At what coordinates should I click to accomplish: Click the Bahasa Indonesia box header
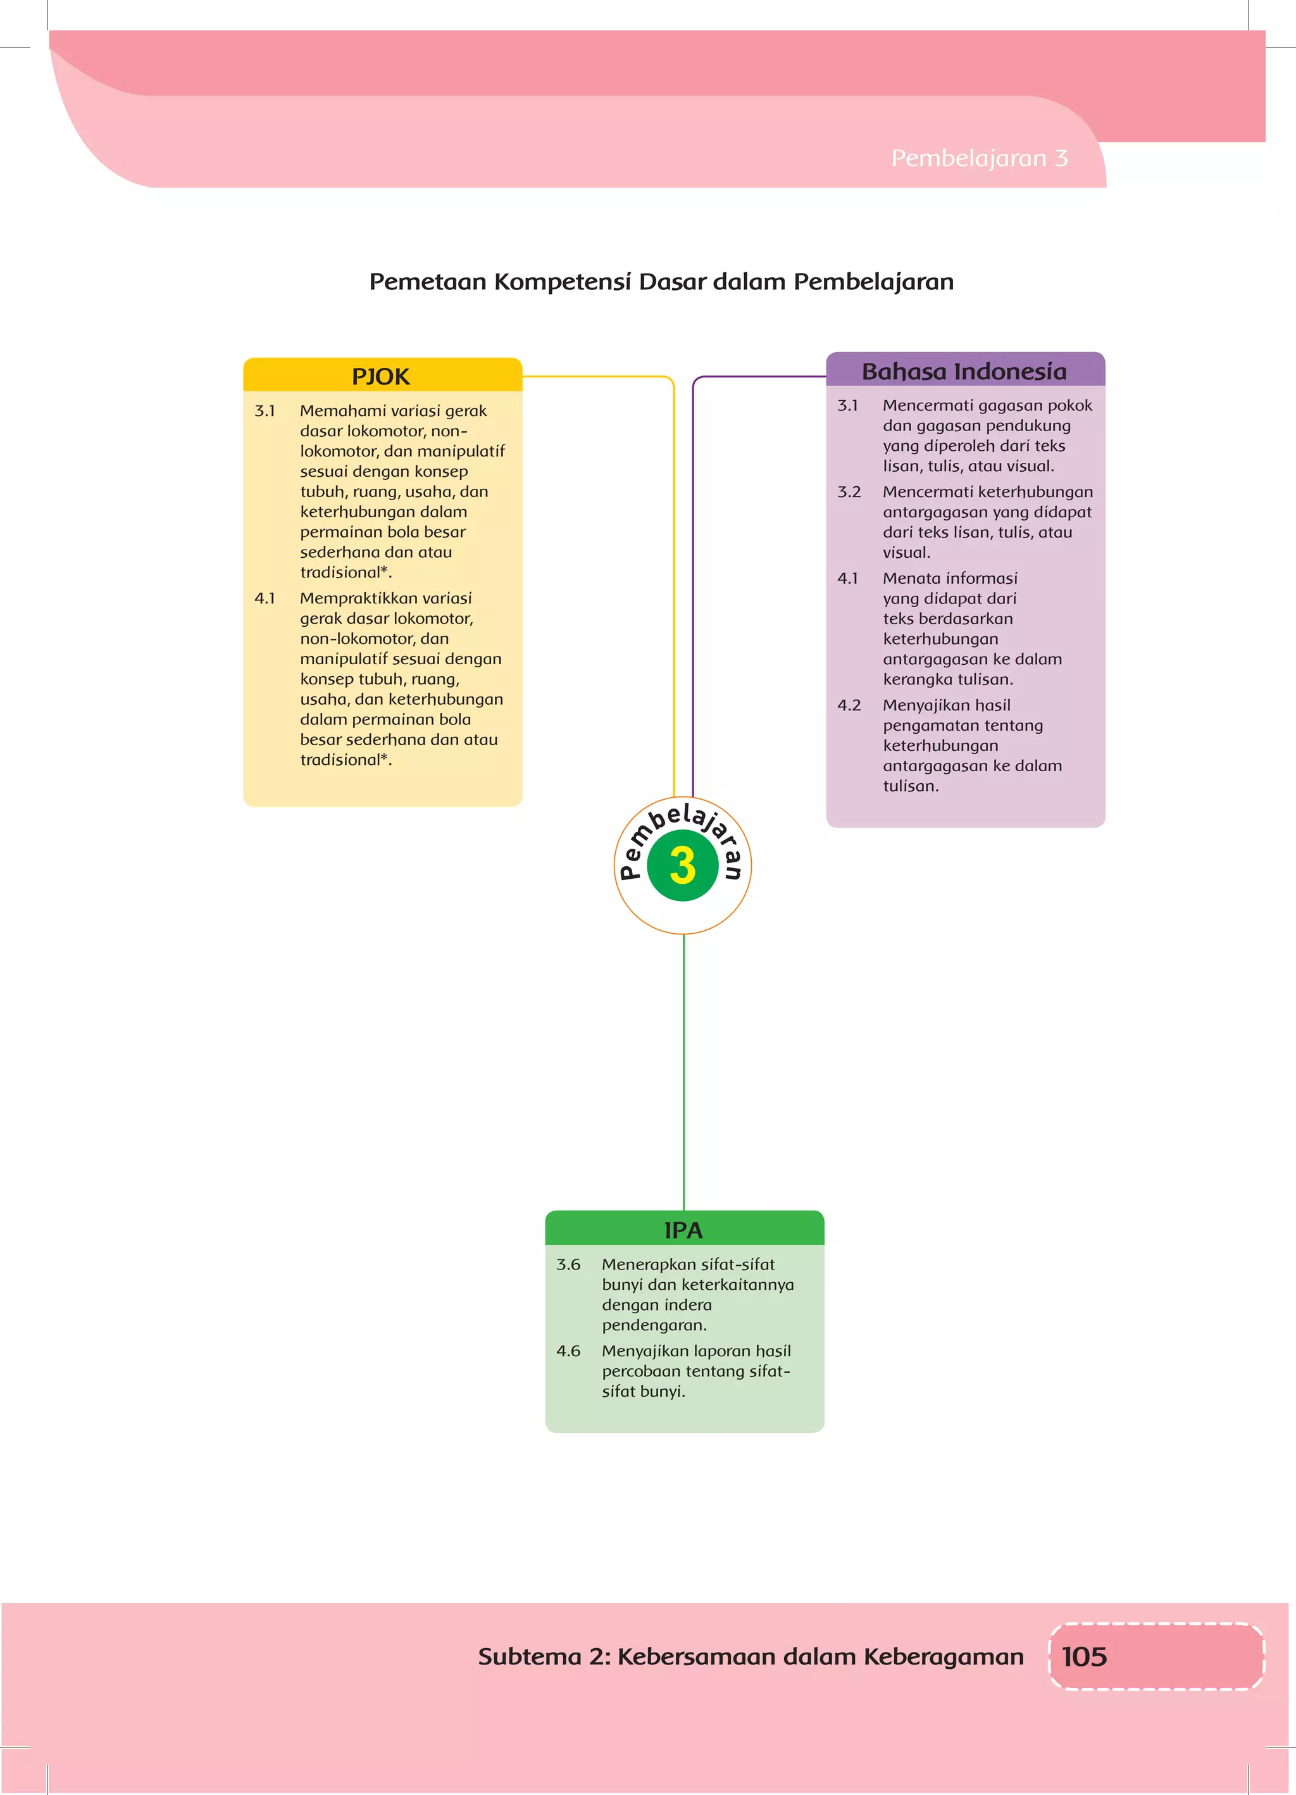point(964,370)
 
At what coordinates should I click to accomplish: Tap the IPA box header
point(683,1229)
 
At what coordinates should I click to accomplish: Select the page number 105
point(1083,1656)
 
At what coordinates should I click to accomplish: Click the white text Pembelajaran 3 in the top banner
point(979,158)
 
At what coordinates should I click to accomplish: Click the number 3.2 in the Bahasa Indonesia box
point(849,491)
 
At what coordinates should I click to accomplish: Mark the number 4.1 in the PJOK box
point(265,598)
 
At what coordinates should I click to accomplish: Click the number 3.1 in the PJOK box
point(265,411)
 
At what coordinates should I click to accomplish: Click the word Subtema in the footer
point(529,1656)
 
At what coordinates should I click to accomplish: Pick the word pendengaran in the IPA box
point(654,1325)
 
